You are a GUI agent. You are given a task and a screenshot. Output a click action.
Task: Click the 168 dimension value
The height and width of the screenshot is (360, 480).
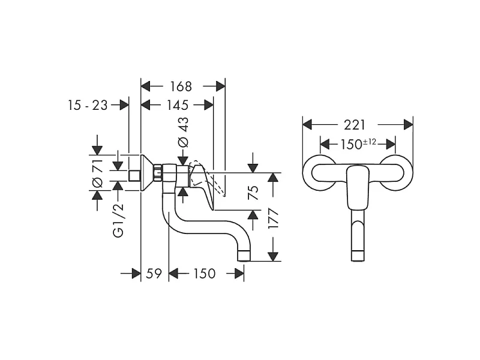click(x=181, y=86)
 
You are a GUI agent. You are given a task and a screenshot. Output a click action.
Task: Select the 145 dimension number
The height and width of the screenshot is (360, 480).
click(x=177, y=106)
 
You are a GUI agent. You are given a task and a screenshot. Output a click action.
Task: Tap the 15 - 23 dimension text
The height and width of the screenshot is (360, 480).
click(x=88, y=106)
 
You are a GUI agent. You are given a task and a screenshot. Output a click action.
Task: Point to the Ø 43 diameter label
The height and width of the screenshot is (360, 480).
click(x=183, y=132)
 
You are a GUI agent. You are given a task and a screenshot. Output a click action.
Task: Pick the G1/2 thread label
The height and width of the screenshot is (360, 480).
click(x=118, y=220)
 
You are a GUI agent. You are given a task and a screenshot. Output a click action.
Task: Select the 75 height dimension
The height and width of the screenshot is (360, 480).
click(x=253, y=192)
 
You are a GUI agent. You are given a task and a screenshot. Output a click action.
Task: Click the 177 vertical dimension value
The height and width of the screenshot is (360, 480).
click(x=273, y=218)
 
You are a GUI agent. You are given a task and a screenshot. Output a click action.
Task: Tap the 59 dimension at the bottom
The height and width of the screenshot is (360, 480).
click(x=154, y=274)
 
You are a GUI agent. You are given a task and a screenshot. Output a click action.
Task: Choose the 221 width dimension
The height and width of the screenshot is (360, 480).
click(x=355, y=125)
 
